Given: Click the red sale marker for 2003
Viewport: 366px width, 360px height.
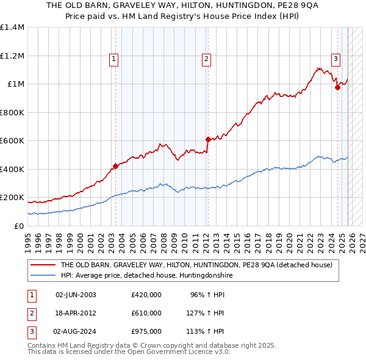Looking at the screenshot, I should [115, 166].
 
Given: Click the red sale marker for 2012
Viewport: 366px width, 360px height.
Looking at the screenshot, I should [208, 139].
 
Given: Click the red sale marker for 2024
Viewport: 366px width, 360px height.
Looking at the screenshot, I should [337, 88].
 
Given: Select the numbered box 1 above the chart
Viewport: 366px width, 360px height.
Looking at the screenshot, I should [115, 59].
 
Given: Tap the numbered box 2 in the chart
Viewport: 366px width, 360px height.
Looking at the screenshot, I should [207, 59].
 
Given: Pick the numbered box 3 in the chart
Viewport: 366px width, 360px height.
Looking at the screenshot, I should [335, 59].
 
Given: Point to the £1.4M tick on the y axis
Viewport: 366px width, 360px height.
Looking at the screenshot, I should [12, 27].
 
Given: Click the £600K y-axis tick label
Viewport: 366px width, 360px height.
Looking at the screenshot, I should [12, 141].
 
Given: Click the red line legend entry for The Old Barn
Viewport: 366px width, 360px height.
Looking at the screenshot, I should [196, 265].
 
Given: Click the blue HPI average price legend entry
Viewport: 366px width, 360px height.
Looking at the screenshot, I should [146, 276].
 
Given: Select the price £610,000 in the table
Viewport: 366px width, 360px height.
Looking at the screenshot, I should [146, 313].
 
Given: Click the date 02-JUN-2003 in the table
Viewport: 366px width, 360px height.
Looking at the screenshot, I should [76, 295].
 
